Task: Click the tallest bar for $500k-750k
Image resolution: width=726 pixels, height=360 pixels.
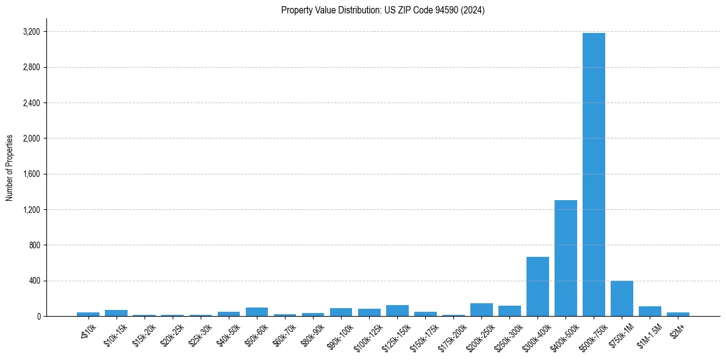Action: [594, 175]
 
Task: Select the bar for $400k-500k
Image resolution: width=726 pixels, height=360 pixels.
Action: [566, 258]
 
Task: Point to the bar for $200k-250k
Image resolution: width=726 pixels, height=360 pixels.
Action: [481, 310]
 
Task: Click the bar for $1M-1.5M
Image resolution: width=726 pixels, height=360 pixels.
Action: [650, 311]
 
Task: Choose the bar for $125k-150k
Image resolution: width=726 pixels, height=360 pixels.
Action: [397, 311]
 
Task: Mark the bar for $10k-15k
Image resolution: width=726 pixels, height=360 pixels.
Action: [116, 313]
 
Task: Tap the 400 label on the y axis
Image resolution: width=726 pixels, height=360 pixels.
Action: [34, 281]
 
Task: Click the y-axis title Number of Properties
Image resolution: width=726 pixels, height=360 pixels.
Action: [10, 168]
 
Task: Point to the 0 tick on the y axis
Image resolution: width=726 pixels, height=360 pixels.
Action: [38, 317]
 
